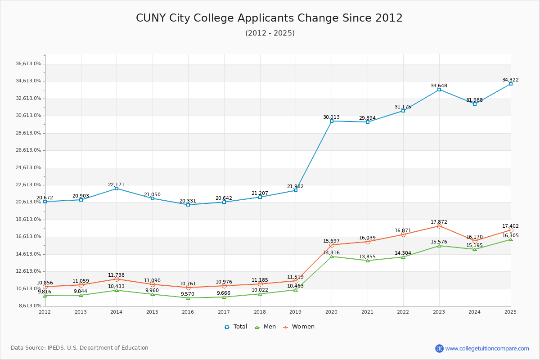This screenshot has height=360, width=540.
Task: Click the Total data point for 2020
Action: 332,121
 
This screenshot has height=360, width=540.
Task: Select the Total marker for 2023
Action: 439,90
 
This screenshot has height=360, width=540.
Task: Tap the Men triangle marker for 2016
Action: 188,298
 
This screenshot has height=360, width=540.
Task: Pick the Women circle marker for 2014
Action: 117,279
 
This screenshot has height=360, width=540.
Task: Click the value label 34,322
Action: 510,80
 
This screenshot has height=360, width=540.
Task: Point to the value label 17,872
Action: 439,222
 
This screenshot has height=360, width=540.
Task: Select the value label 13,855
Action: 367,257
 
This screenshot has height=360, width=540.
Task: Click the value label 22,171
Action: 116,185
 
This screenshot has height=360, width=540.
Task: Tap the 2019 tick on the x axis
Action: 296,312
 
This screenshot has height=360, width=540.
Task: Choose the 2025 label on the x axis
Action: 510,312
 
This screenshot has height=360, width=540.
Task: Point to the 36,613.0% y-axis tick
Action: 28,64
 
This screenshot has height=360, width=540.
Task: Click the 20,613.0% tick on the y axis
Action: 28,202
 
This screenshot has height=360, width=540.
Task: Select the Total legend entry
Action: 236,327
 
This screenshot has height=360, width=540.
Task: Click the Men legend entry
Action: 266,327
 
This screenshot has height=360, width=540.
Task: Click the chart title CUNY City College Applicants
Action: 269,18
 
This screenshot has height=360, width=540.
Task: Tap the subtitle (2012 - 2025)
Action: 270,33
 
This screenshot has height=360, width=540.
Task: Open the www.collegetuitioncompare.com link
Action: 487,348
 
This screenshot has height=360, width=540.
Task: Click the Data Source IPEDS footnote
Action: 80,348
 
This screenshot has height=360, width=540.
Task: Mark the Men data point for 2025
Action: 511,239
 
